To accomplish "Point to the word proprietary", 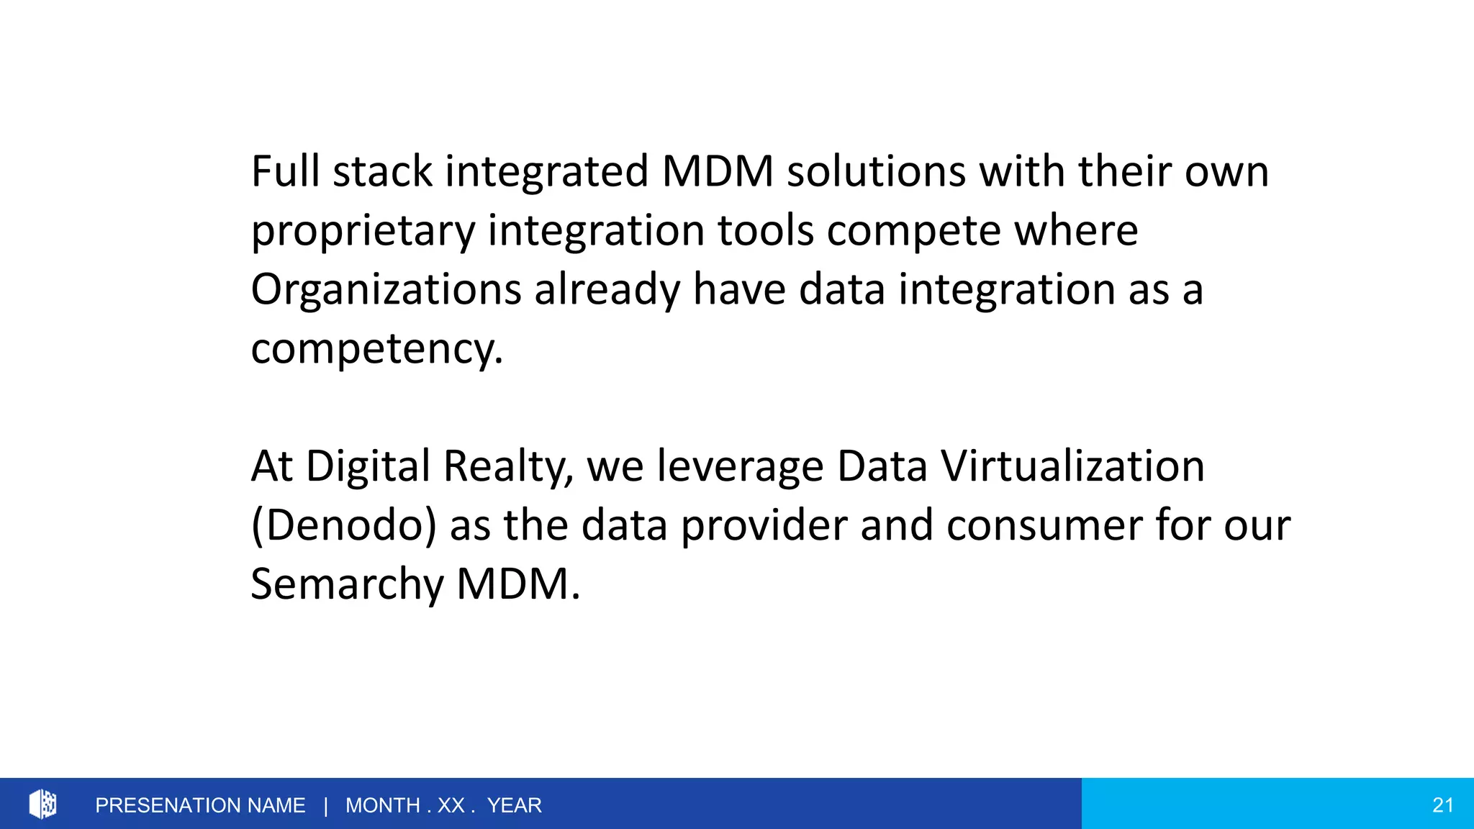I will coord(363,232).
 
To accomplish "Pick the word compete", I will coord(913,232).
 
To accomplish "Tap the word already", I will coord(607,291).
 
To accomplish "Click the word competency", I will coord(376,350).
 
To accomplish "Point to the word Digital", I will coord(368,466).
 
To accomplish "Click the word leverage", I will coord(741,468).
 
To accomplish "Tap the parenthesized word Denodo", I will coord(344,525).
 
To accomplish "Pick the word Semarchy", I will coord(347,584).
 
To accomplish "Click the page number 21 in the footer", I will coord(1442,805).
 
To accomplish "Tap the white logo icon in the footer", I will coord(43,804).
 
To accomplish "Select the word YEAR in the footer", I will coord(514,805).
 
